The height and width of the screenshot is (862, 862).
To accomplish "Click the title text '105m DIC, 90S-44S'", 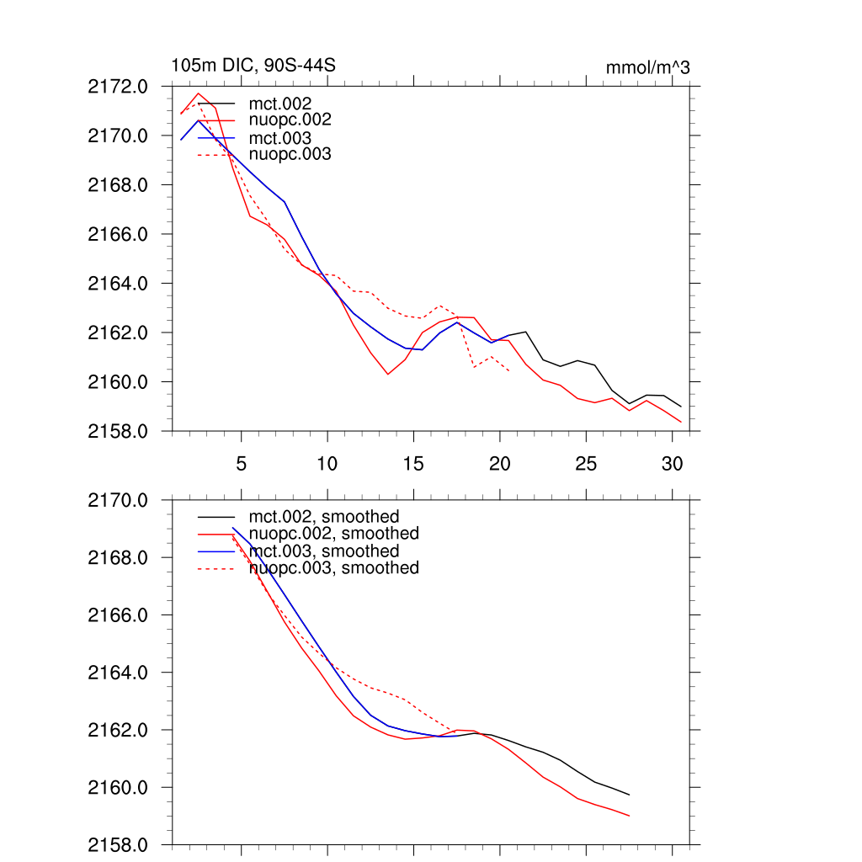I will pos(254,66).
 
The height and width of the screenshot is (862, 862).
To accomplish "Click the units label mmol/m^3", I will pos(647,67).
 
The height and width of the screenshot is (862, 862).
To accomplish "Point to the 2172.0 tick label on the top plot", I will pos(118,86).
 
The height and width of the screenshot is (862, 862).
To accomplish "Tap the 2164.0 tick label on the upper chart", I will pos(118,283).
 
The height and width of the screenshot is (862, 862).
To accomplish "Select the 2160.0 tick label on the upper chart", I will pos(118,382).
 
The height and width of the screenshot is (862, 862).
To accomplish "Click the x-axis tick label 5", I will pos(242,464).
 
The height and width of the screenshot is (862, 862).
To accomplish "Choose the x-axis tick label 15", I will pos(413,464).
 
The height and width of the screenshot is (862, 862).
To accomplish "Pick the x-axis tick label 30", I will pos(672,464).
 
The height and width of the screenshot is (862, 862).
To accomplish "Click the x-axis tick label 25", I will pos(586,464).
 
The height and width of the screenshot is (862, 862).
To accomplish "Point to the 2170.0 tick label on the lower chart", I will pos(118,500).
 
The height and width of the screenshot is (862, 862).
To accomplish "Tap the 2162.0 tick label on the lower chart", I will pos(118,730).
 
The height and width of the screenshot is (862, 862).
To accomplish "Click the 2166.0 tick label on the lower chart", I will pos(118,615).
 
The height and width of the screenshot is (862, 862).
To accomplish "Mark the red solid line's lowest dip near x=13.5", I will pos(388,374).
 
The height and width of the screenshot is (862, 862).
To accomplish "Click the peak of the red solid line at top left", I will pos(199,93).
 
